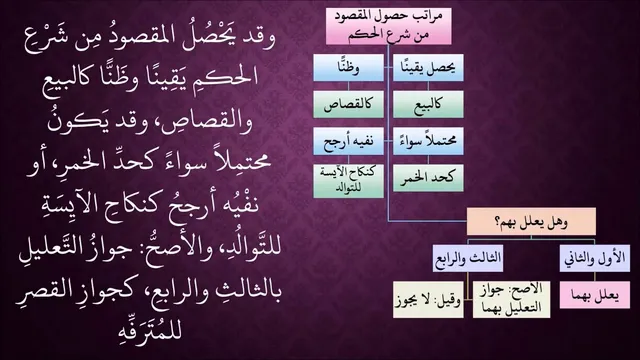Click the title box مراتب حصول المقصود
[389, 26]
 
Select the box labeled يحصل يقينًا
[428, 67]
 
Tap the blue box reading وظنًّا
[349, 67]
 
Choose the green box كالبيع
[428, 104]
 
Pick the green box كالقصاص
[349, 104]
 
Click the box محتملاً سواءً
[428, 141]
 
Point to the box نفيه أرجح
[349, 141]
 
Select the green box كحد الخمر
[428, 178]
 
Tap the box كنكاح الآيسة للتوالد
[349, 181]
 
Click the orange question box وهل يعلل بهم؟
[531, 222]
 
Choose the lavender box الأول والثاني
[595, 258]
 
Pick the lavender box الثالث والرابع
[468, 258]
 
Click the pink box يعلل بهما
[595, 295]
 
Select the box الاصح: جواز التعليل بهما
[511, 300]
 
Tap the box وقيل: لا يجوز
[428, 300]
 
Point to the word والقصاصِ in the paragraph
[209, 120]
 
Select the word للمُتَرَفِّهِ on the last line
[149, 329]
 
